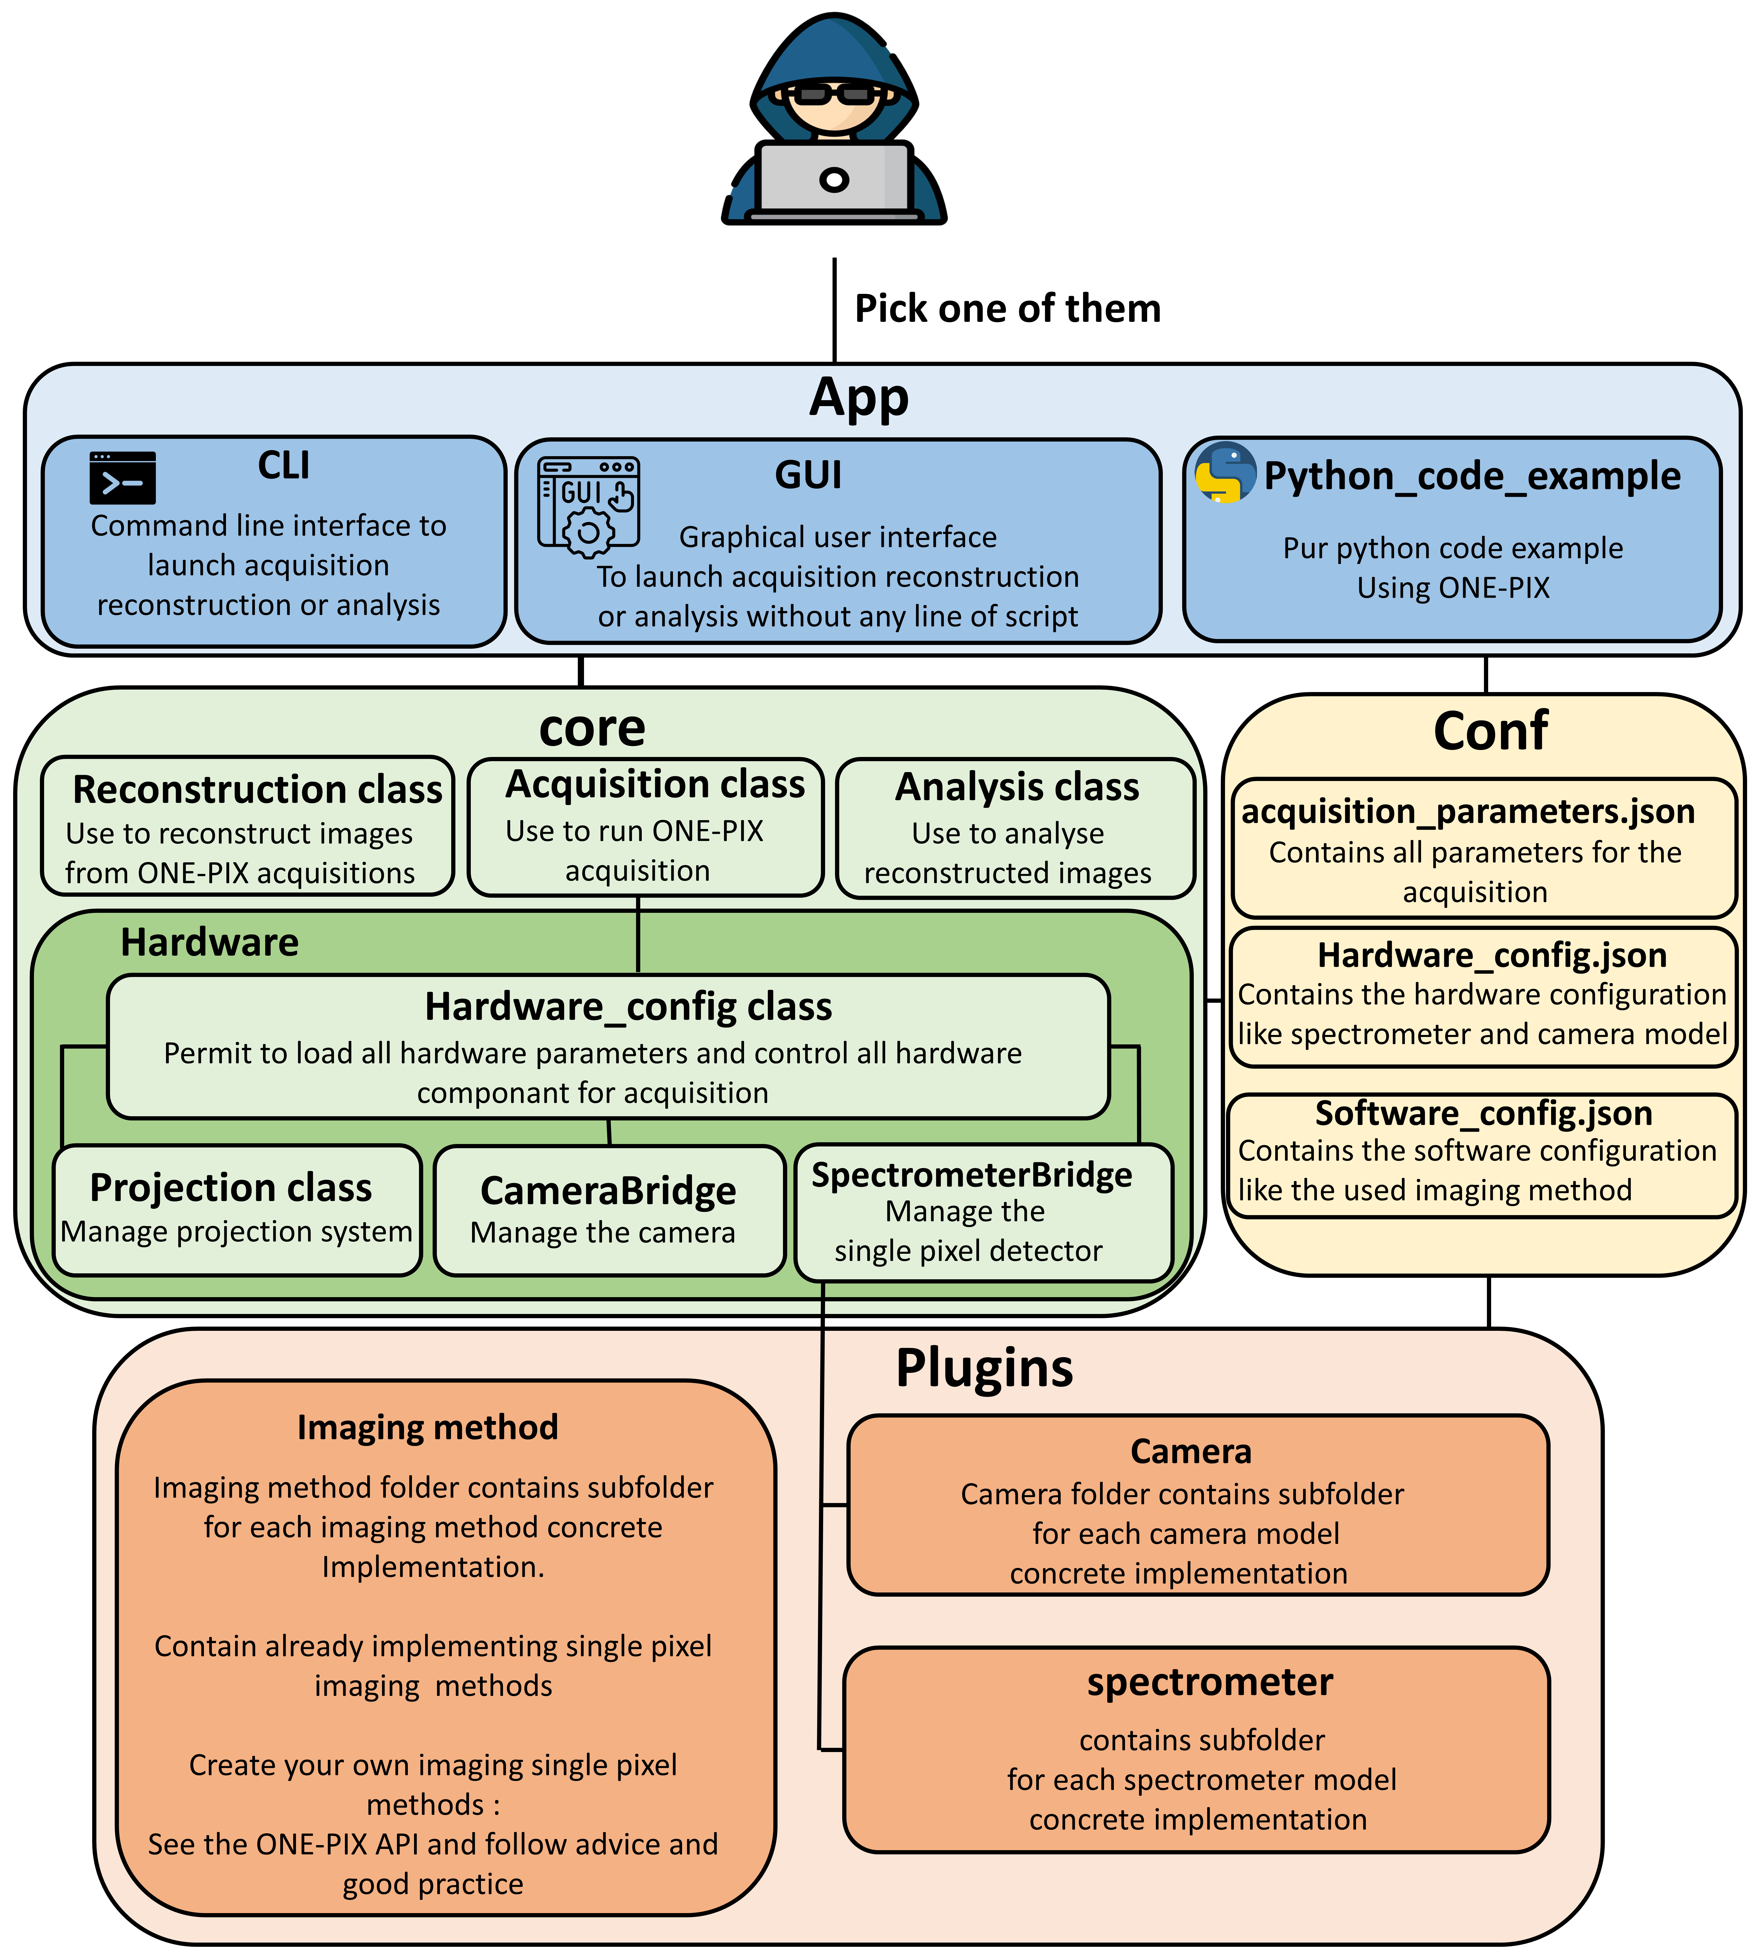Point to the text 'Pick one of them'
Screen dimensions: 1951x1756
(1007, 309)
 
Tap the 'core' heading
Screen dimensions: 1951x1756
(591, 728)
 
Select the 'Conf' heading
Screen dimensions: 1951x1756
(1490, 731)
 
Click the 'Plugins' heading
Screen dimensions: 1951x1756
(984, 1368)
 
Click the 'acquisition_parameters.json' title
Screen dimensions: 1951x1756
(1468, 811)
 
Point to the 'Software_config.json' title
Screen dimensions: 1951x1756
(1483, 1114)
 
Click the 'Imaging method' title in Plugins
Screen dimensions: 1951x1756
(427, 1427)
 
